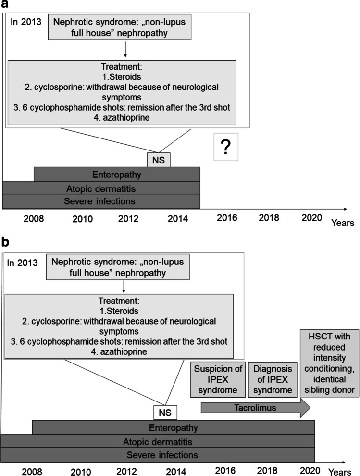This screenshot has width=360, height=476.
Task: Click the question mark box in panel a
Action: (226, 147)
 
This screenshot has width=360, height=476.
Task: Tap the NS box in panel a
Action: (158, 160)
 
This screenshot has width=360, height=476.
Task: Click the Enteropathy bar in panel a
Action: (117, 174)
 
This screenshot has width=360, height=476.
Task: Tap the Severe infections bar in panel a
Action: (101, 201)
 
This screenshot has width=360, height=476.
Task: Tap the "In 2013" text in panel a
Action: (26, 22)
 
